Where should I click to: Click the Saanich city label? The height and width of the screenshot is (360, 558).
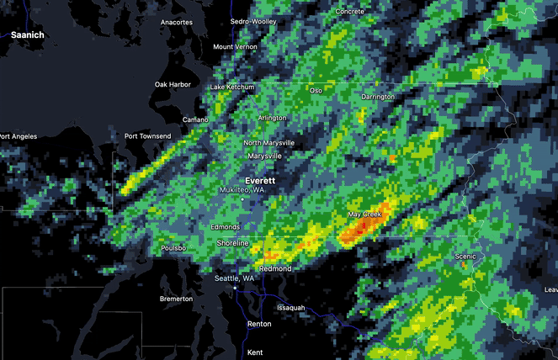[x=28, y=34]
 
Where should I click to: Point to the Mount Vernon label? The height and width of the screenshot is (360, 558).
[x=234, y=47]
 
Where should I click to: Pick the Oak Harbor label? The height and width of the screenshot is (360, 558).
[x=173, y=84]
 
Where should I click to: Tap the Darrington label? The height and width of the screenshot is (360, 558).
[x=378, y=98]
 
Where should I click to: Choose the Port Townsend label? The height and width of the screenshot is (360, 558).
[x=147, y=136]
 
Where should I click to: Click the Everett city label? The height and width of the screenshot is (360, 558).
[x=260, y=181]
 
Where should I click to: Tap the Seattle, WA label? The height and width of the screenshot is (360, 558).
[x=234, y=278]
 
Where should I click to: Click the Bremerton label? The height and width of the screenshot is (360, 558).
[x=176, y=299]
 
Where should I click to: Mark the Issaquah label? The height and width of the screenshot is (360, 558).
[x=290, y=308]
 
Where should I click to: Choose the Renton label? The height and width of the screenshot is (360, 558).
[x=259, y=324]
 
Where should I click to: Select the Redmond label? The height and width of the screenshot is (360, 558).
[x=277, y=269]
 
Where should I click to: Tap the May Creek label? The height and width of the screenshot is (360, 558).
[x=365, y=215]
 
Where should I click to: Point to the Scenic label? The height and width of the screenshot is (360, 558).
[x=465, y=256]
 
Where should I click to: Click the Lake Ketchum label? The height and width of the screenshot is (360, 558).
[x=231, y=87]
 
